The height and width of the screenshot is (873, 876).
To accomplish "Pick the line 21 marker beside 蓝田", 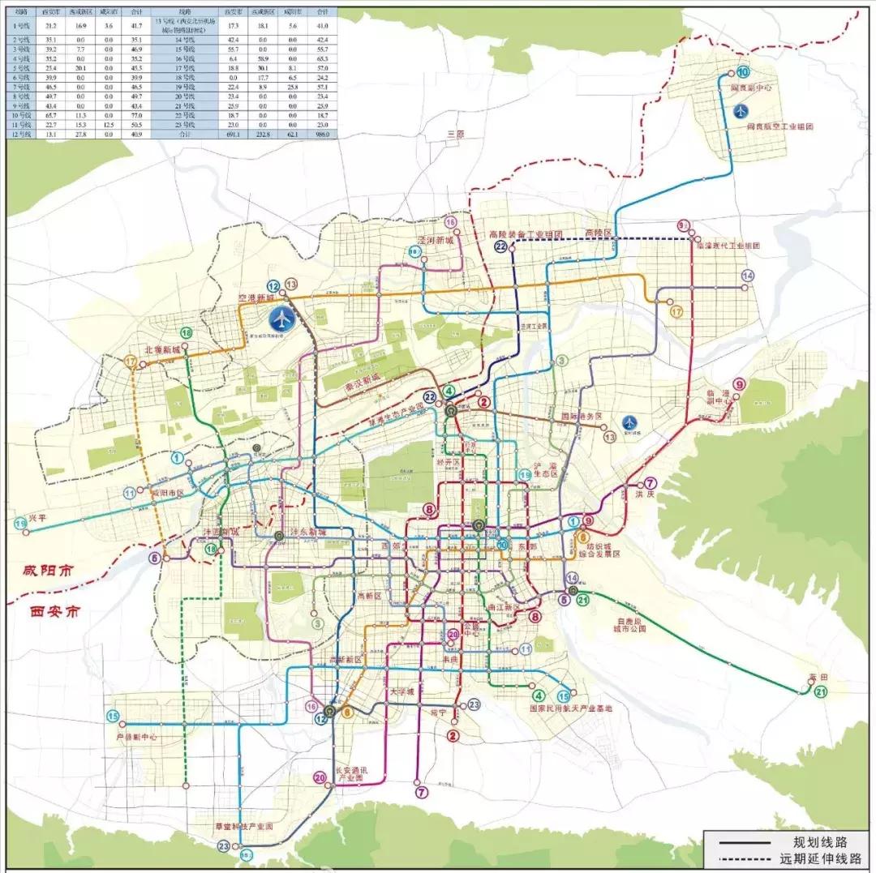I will (x=821, y=691).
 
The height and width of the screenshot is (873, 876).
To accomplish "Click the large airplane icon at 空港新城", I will (x=281, y=319).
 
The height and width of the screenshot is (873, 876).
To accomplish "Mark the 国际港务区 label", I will (x=582, y=416).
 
